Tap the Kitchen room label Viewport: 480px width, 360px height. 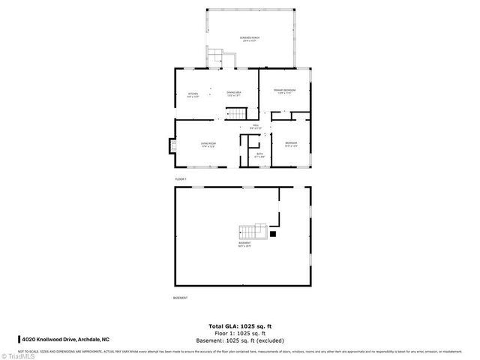(x=193, y=95)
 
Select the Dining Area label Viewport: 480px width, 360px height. (x=233, y=94)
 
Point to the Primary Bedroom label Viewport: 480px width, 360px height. (x=286, y=91)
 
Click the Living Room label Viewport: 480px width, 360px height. (x=208, y=144)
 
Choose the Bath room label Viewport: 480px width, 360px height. (x=259, y=155)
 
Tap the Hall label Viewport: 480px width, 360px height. (x=256, y=127)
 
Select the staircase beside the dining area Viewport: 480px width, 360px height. (x=236, y=112)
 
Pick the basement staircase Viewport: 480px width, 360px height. (x=251, y=230)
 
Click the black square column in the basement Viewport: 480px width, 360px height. (x=273, y=233)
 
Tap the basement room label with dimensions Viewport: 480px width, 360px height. (x=245, y=244)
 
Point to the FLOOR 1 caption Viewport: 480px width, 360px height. (x=180, y=179)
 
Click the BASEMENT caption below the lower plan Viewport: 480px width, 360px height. (x=180, y=298)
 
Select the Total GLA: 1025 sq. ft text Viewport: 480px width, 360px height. (x=240, y=325)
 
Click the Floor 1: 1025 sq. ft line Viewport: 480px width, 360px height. (x=240, y=333)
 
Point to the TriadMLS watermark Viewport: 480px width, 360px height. (x=19, y=355)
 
